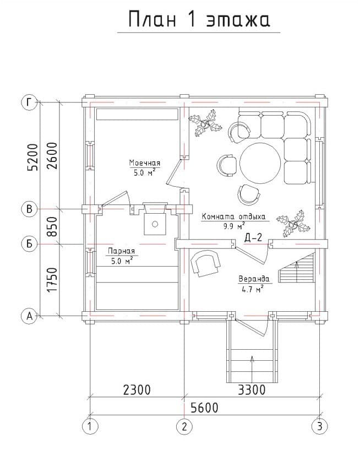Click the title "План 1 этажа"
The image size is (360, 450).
(199, 20)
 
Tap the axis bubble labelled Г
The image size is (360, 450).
(30, 102)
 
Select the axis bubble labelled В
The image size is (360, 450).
(30, 209)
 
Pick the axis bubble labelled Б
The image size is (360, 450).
(30, 244)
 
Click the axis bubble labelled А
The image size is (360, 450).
(30, 316)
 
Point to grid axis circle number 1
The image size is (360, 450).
(90, 426)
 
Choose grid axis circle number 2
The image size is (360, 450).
(184, 426)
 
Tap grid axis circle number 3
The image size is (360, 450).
(320, 426)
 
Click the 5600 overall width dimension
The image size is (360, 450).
(205, 408)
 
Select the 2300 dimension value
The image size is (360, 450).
(137, 390)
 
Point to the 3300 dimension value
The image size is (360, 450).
(252, 390)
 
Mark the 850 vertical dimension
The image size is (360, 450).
(52, 226)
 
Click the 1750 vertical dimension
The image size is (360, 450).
(52, 280)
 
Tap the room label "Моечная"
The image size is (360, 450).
(145, 163)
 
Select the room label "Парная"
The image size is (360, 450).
(121, 251)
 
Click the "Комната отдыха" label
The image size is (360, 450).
(233, 216)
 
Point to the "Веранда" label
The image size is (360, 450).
(254, 279)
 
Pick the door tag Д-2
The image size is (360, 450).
(253, 237)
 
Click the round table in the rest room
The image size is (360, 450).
(260, 163)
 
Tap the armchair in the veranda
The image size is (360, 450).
(205, 263)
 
